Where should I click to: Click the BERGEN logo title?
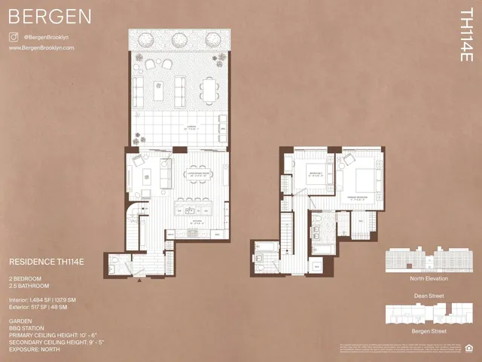pyautogui.click(x=50, y=17)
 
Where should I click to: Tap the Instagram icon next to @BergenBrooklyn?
pyautogui.click(x=13, y=36)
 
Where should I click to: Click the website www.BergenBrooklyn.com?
pyautogui.click(x=41, y=48)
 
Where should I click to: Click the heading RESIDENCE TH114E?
pyautogui.click(x=46, y=262)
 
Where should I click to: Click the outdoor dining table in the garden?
pyautogui.click(x=207, y=90)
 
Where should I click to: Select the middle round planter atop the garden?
pyautogui.click(x=179, y=40)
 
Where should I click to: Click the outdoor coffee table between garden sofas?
pyautogui.click(x=159, y=90)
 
